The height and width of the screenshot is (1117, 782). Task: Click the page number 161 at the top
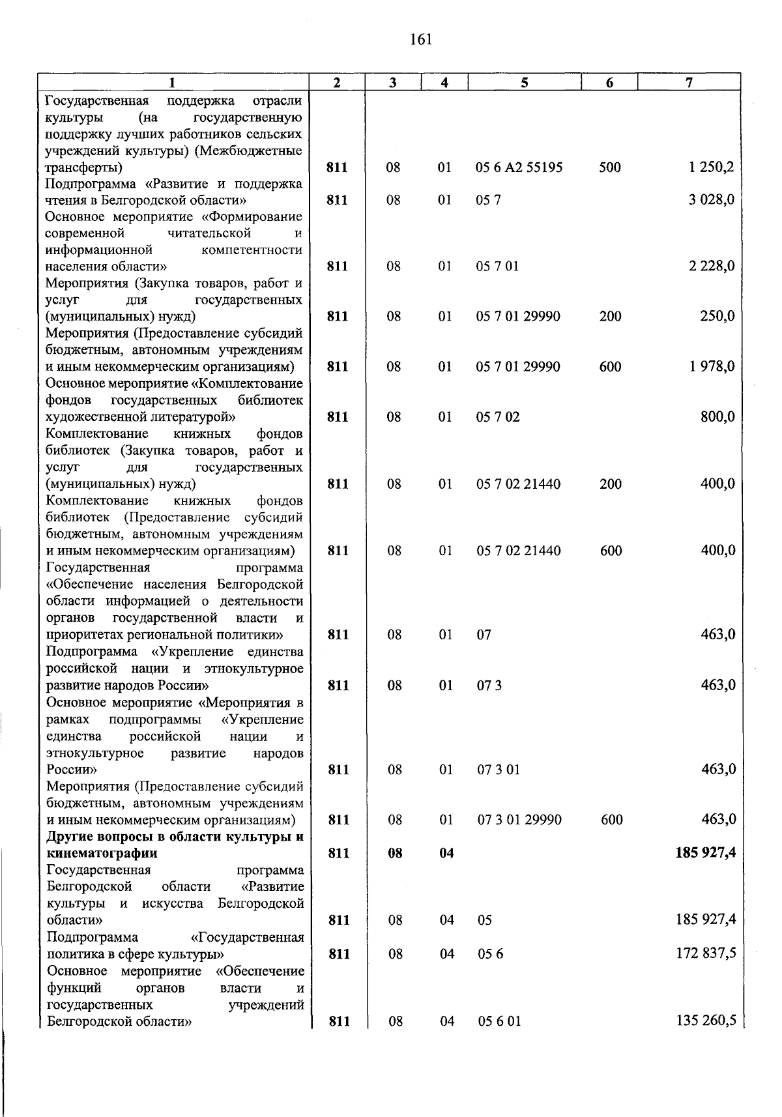point(422,40)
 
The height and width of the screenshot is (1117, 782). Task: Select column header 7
point(689,82)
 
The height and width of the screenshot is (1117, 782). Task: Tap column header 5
point(524,82)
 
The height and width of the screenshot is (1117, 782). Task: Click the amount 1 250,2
point(712,167)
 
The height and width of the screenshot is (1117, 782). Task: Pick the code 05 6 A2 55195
point(519,167)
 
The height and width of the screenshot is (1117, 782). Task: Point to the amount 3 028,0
point(712,200)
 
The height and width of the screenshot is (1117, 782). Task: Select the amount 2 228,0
point(712,266)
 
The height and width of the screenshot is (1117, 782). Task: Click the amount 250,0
point(718,316)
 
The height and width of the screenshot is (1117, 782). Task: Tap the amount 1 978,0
point(712,366)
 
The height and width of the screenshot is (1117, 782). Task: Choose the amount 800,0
point(718,416)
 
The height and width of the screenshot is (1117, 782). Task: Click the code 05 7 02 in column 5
point(498,417)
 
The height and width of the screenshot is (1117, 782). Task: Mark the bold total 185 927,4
point(706,853)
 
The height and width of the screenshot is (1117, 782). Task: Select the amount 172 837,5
point(707,953)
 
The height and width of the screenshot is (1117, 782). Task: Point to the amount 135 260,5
point(707,1021)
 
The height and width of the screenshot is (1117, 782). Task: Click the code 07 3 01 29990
point(519,820)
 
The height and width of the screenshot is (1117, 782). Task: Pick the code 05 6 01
point(499,1021)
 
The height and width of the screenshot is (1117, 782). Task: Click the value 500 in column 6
point(610,167)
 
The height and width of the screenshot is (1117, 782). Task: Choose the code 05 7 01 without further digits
point(497,267)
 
